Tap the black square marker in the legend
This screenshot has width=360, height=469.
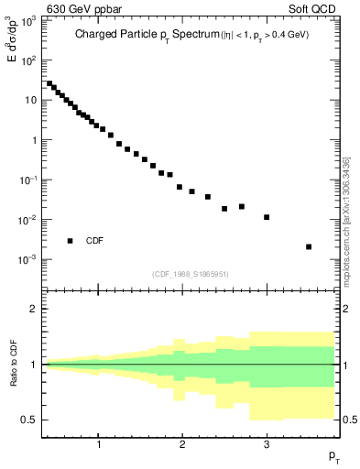pos(70,241)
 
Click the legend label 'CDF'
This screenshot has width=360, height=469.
pos(94,242)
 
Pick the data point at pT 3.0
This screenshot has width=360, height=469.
pos(267,217)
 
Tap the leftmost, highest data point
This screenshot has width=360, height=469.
pos(49,83)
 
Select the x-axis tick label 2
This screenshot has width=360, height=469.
pos(183,445)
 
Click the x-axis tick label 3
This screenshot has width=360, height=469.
pos(267,445)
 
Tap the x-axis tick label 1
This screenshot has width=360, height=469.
pos(99,445)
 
